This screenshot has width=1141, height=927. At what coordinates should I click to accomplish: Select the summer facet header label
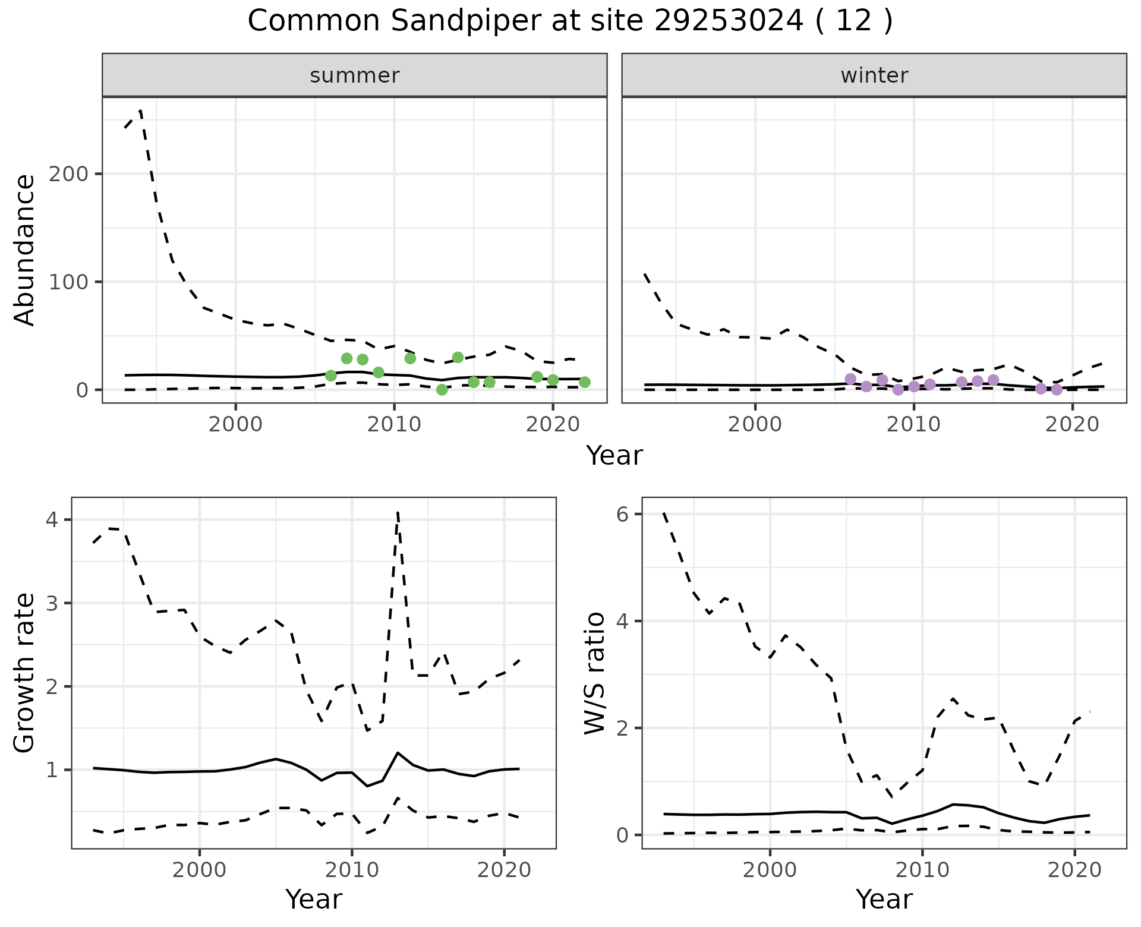[355, 75]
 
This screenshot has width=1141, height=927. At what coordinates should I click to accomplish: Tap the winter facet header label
[874, 75]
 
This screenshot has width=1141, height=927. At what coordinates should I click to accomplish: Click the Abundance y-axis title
[25, 250]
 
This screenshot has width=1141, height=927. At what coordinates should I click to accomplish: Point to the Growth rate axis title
[25, 673]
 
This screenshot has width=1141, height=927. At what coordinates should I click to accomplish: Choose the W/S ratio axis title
[595, 673]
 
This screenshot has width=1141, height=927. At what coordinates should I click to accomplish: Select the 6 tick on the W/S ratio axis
[622, 514]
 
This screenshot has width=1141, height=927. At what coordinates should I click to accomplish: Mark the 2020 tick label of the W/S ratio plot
[1074, 870]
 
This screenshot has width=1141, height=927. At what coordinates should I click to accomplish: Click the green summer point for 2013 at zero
[442, 390]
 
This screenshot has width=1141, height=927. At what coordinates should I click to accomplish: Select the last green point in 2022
[585, 382]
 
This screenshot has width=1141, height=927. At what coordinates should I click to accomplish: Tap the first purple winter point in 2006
[850, 379]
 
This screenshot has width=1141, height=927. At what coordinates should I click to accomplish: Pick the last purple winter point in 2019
[1057, 390]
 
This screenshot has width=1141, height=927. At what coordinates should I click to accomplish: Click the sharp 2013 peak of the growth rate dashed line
[398, 512]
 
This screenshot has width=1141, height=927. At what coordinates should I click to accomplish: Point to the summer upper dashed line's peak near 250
[140, 111]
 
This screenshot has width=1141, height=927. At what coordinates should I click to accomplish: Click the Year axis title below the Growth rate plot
[314, 900]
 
